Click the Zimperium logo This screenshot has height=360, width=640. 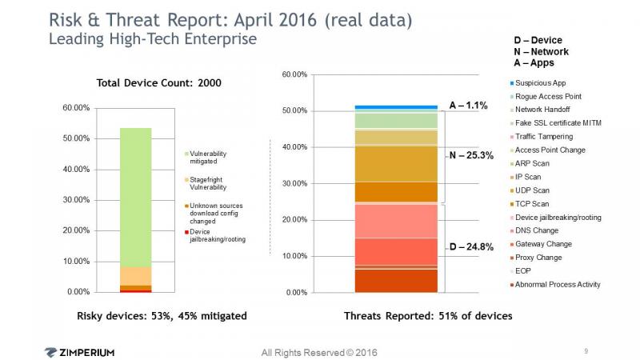point(79,352)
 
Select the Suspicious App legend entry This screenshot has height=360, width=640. point(538,83)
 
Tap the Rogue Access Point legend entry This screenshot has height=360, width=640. point(546,96)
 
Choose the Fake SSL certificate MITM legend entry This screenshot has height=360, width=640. point(555,123)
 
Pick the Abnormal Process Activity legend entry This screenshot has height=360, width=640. point(555,285)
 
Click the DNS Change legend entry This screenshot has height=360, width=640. point(534,230)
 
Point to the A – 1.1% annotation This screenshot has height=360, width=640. point(468,106)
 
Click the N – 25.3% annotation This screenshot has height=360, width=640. point(471,155)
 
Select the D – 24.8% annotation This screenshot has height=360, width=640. point(471,247)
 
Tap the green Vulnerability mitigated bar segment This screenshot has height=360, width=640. point(135,198)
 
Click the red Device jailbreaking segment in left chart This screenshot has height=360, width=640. point(135,291)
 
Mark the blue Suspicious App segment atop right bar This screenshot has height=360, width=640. point(396,107)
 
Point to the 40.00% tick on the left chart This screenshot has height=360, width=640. point(76,169)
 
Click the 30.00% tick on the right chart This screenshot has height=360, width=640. point(294,183)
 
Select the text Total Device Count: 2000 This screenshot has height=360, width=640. point(158,83)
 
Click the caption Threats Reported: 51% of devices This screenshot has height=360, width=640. point(428,316)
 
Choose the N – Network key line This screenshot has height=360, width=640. point(542,52)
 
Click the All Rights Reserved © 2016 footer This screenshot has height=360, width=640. point(319,353)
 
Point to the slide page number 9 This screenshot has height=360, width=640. point(586,350)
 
